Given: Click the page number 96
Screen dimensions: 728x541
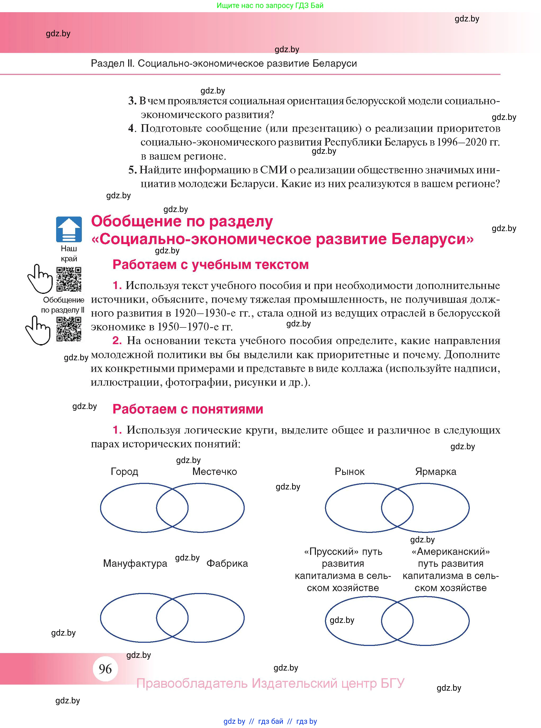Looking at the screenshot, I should [105, 669].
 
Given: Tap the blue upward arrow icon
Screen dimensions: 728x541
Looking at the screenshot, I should [69, 229].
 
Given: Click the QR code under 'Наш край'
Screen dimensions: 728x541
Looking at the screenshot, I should [69, 279].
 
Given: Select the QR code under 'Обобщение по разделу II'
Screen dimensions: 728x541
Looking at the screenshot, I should [69, 329].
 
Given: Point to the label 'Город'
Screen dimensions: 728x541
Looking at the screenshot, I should [124, 471].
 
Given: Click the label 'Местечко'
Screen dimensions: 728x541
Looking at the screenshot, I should [214, 471].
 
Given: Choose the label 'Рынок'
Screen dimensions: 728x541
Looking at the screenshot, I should [350, 471].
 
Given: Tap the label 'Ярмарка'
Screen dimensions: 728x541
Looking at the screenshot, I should [436, 471].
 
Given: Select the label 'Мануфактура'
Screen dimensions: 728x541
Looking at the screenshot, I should [135, 563].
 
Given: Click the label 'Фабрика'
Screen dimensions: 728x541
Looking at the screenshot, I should [227, 563].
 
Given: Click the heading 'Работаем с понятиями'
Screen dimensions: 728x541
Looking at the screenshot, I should [188, 409].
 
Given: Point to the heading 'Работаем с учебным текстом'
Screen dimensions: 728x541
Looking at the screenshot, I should [211, 264].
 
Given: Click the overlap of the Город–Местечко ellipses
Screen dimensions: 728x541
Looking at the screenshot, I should [172, 508].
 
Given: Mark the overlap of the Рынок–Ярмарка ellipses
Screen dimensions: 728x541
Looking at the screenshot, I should [397, 508].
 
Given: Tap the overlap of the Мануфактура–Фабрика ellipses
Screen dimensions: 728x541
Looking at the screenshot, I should [172, 618].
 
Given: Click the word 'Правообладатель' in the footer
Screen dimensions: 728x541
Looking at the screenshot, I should [191, 683].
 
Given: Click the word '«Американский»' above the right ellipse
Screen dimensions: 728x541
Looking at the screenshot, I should [451, 552].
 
